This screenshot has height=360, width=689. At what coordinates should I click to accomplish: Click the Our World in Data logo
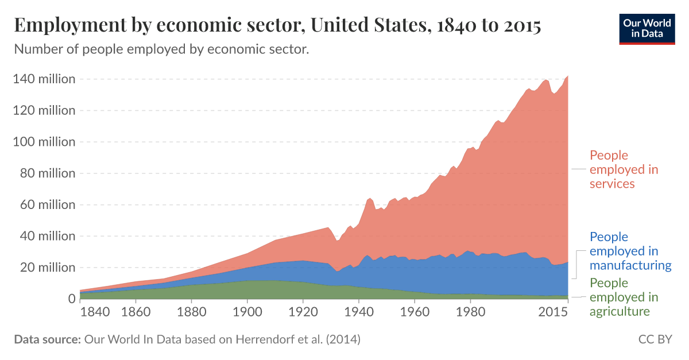click(647, 27)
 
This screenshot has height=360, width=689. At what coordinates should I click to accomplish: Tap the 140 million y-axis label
click(44, 79)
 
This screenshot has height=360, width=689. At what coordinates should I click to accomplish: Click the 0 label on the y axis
click(71, 299)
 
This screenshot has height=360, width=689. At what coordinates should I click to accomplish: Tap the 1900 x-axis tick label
click(247, 312)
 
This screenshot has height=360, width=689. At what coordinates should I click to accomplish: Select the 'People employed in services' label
click(624, 169)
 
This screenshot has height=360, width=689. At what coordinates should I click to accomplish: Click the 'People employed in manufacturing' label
click(630, 251)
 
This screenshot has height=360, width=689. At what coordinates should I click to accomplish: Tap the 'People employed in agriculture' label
click(624, 297)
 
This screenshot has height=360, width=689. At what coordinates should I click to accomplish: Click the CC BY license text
click(655, 339)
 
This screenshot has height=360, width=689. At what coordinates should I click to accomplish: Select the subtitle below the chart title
click(161, 49)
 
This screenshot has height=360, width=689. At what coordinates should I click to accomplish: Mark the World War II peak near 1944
click(370, 198)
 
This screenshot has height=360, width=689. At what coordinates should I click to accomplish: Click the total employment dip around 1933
click(338, 241)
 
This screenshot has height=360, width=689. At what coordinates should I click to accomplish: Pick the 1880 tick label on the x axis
click(191, 312)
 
